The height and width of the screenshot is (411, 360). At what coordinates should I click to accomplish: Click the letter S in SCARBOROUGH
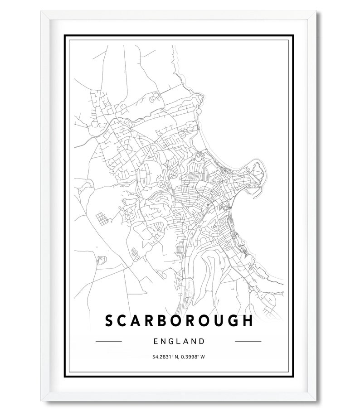coord(110,320)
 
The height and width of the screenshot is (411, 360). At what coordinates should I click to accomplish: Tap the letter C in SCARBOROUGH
coord(123,320)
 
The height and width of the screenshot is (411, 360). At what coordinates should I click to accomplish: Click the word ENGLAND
coord(179,341)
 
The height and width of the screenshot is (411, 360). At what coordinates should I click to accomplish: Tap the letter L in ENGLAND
coord(179,341)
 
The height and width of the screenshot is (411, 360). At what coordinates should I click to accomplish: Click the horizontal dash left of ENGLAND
coord(109,341)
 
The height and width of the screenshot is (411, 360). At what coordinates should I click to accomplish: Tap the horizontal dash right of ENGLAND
coord(248,341)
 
